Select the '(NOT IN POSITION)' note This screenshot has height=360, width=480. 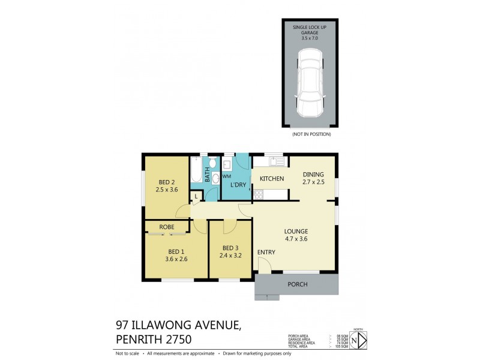tap(311, 134)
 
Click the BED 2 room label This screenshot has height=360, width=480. tap(167, 182)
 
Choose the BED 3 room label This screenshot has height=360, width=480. tap(230, 248)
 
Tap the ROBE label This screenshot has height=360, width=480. tap(167, 227)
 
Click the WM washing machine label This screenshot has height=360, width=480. tap(227, 176)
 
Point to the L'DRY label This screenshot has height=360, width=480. tap(238, 185)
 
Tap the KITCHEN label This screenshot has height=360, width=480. tap(271, 179)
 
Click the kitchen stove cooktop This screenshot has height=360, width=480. tap(259, 194)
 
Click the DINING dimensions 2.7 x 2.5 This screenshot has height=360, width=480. tap(313, 182)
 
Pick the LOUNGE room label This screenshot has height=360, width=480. tap(296, 231)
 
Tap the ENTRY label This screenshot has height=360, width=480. tap(266, 252)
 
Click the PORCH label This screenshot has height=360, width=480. tap(298, 284)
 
